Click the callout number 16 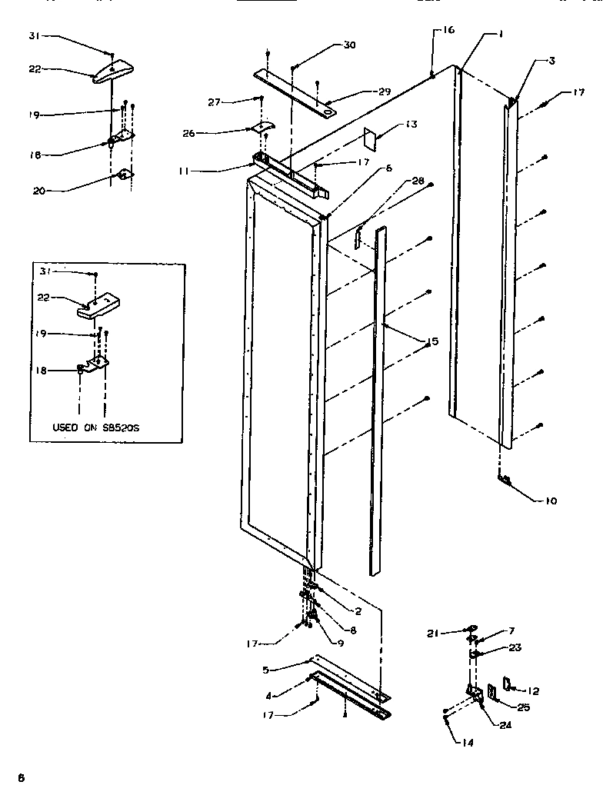coord(448,30)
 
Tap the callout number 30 coord(349,45)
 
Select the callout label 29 coord(384,91)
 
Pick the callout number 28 coord(418,181)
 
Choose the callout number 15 coord(432,341)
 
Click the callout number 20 coord(38,191)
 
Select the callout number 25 coord(523,707)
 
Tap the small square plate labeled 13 coord(370,138)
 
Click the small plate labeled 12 coord(507,684)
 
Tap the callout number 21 coord(434,633)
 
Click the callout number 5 coord(265,670)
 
